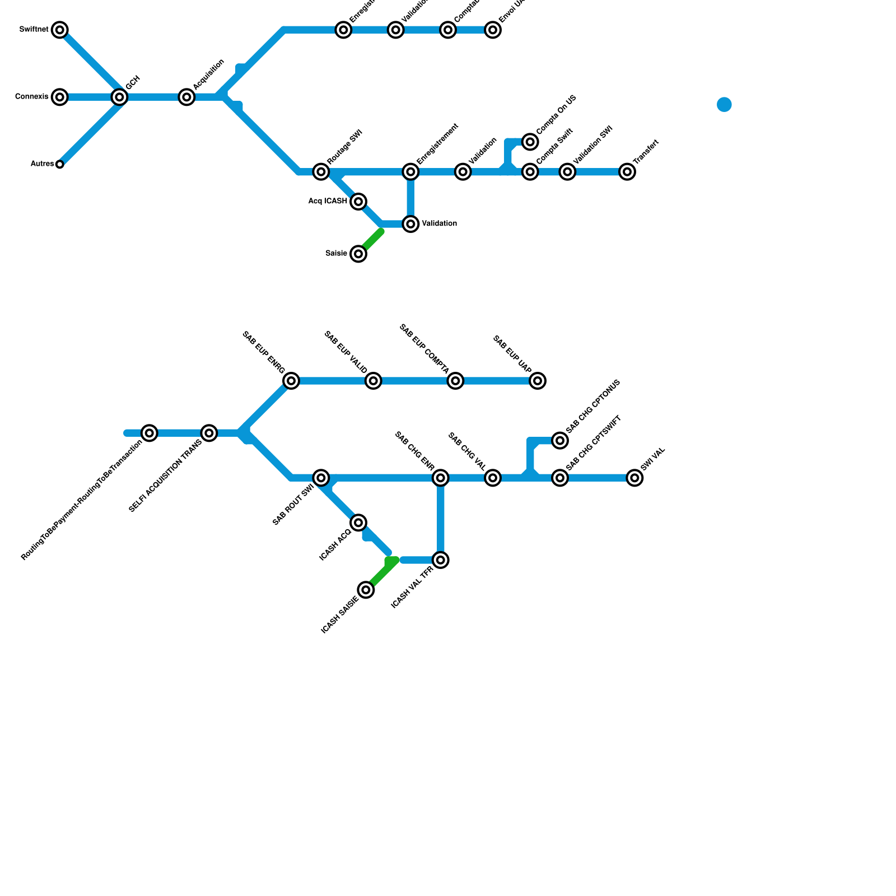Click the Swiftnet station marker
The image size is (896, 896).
point(60,30)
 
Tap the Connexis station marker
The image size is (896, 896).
point(60,97)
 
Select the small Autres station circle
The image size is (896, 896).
point(60,164)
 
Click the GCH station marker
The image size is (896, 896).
point(119,97)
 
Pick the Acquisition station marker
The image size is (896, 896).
point(186,97)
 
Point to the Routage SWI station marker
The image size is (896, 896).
point(321,171)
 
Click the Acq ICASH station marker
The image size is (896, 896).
point(358,202)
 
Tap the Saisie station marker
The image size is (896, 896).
point(358,254)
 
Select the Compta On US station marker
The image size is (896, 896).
point(530,142)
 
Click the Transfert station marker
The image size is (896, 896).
point(627,171)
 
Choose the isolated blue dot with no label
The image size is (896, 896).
point(724,105)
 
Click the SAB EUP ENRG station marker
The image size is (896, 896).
point(291,381)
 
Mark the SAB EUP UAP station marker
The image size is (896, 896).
point(538,381)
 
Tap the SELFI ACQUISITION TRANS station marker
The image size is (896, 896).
point(209,433)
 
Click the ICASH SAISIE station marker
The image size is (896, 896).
point(366,590)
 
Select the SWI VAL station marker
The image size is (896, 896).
point(634,478)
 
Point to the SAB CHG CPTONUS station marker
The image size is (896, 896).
point(560,440)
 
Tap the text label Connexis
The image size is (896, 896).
point(32,97)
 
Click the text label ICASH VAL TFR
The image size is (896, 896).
point(412,587)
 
